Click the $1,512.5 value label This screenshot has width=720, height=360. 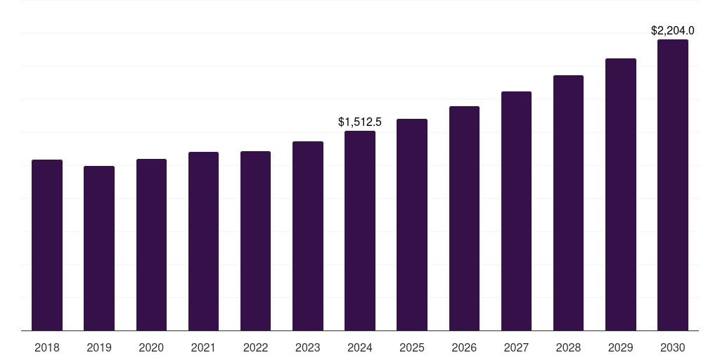(360, 122)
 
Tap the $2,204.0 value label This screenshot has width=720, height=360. (673, 31)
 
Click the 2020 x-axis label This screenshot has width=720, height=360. (151, 347)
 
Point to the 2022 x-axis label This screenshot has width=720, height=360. (255, 347)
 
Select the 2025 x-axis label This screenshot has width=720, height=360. (412, 347)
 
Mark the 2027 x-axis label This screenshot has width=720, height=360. (516, 347)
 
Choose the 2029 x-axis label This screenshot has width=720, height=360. (621, 347)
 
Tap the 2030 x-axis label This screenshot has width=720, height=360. (673, 347)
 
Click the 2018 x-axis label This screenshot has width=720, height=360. (47, 347)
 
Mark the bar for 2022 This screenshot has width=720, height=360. (255, 240)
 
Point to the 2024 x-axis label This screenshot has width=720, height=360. (360, 347)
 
